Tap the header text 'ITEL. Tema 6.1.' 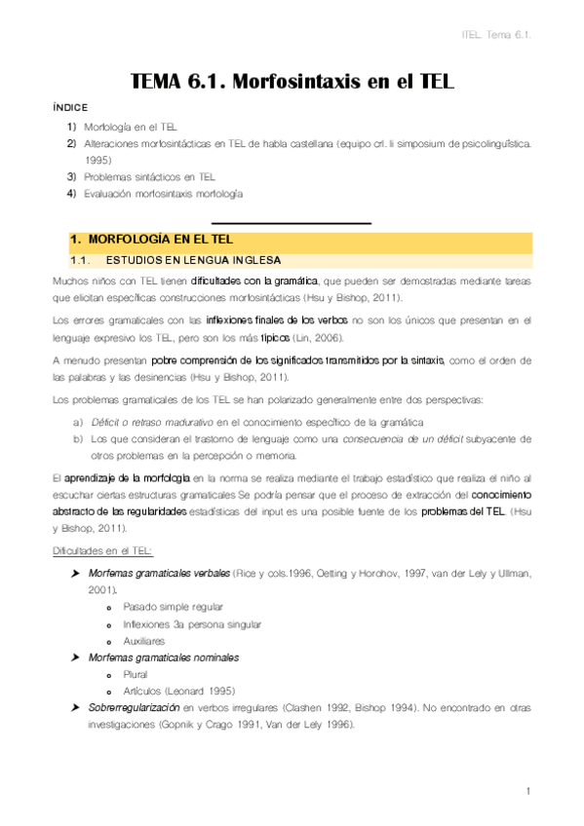pos(500,36)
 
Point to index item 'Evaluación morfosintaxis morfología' pos(163,193)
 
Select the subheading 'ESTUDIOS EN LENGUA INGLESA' pos(192,261)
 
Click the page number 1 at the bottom pos(526,791)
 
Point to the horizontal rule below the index pos(292,224)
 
